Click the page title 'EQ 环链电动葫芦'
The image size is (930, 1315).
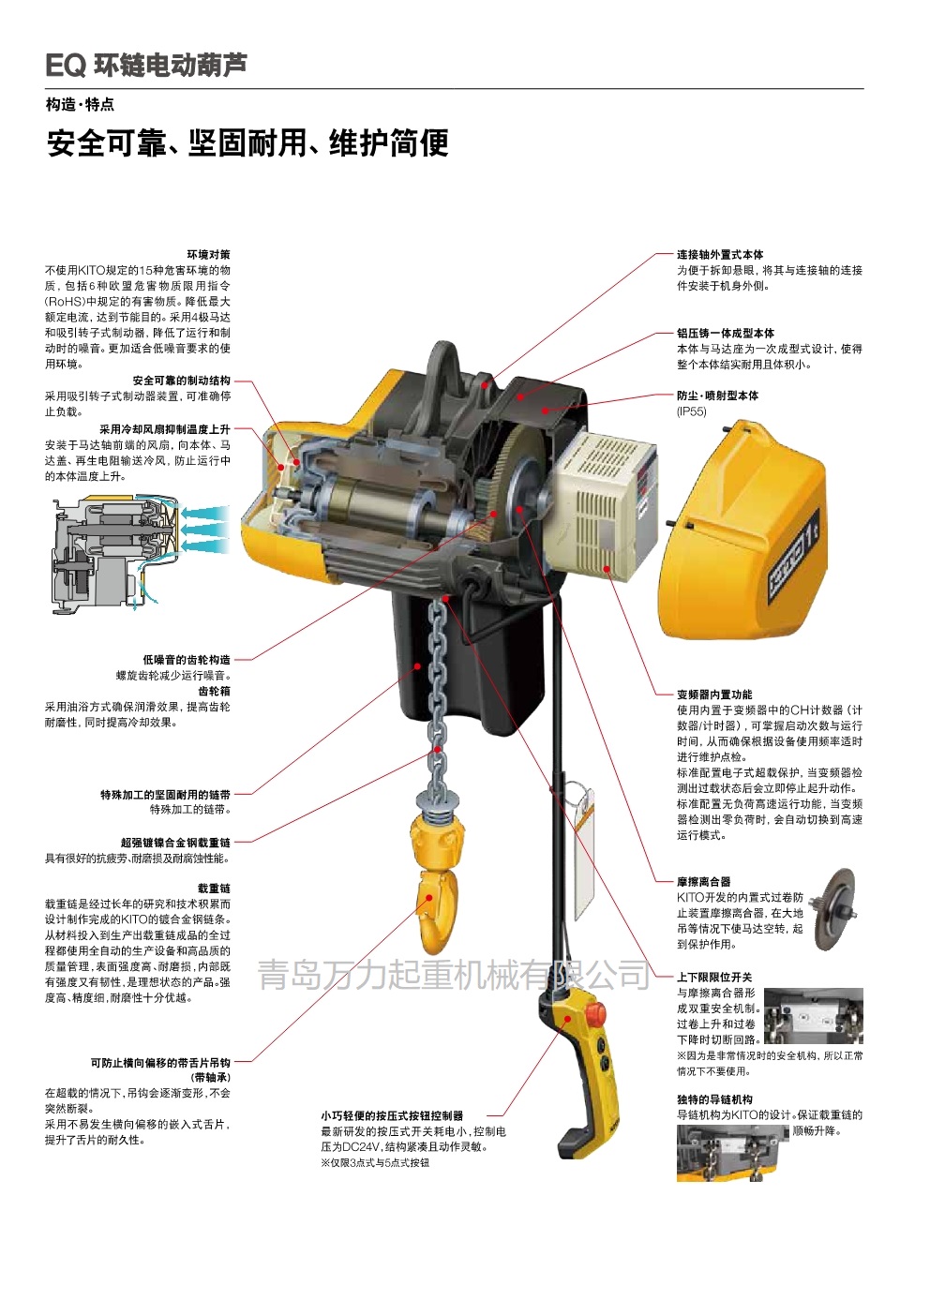146,66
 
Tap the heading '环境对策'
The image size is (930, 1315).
208,254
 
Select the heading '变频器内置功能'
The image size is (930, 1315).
714,695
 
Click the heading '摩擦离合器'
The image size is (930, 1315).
704,882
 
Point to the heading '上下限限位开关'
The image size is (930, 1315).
714,978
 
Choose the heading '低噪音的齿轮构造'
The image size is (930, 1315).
187,660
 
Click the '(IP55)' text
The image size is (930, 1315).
692,411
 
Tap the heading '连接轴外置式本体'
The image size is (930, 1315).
720,255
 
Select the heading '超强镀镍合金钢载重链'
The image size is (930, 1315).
175,843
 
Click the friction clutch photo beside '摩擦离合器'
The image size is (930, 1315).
833,909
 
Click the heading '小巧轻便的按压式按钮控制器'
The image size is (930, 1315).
392,1115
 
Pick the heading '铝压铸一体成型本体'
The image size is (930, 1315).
726,333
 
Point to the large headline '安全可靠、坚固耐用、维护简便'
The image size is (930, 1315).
247,142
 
